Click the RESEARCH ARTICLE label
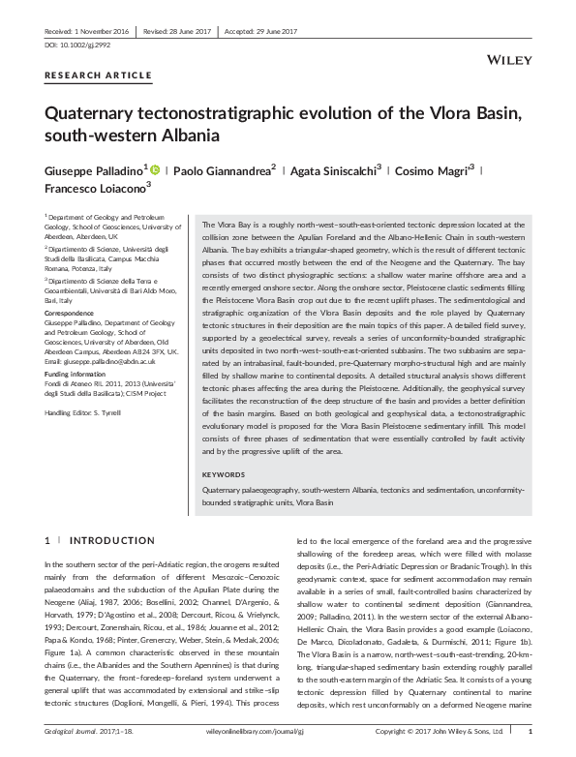[98, 75]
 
